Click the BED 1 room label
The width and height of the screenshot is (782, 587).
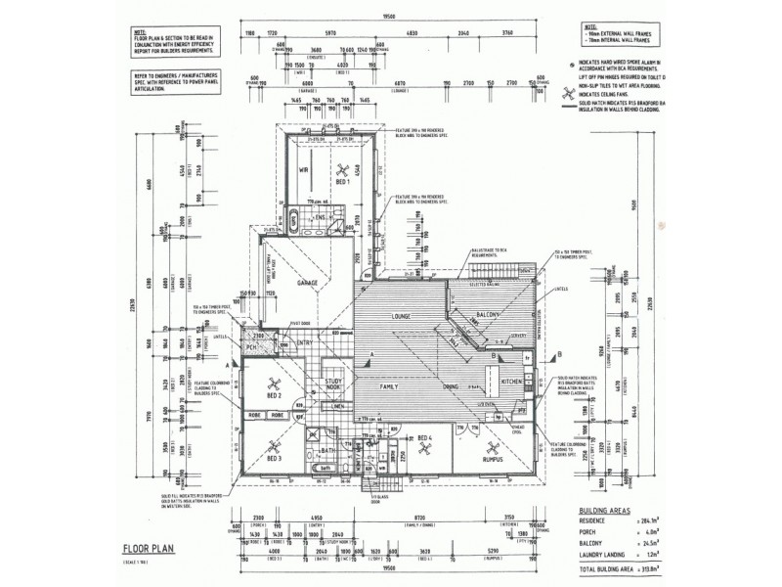[341, 182]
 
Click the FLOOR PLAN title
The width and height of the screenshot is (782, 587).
[149, 550]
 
